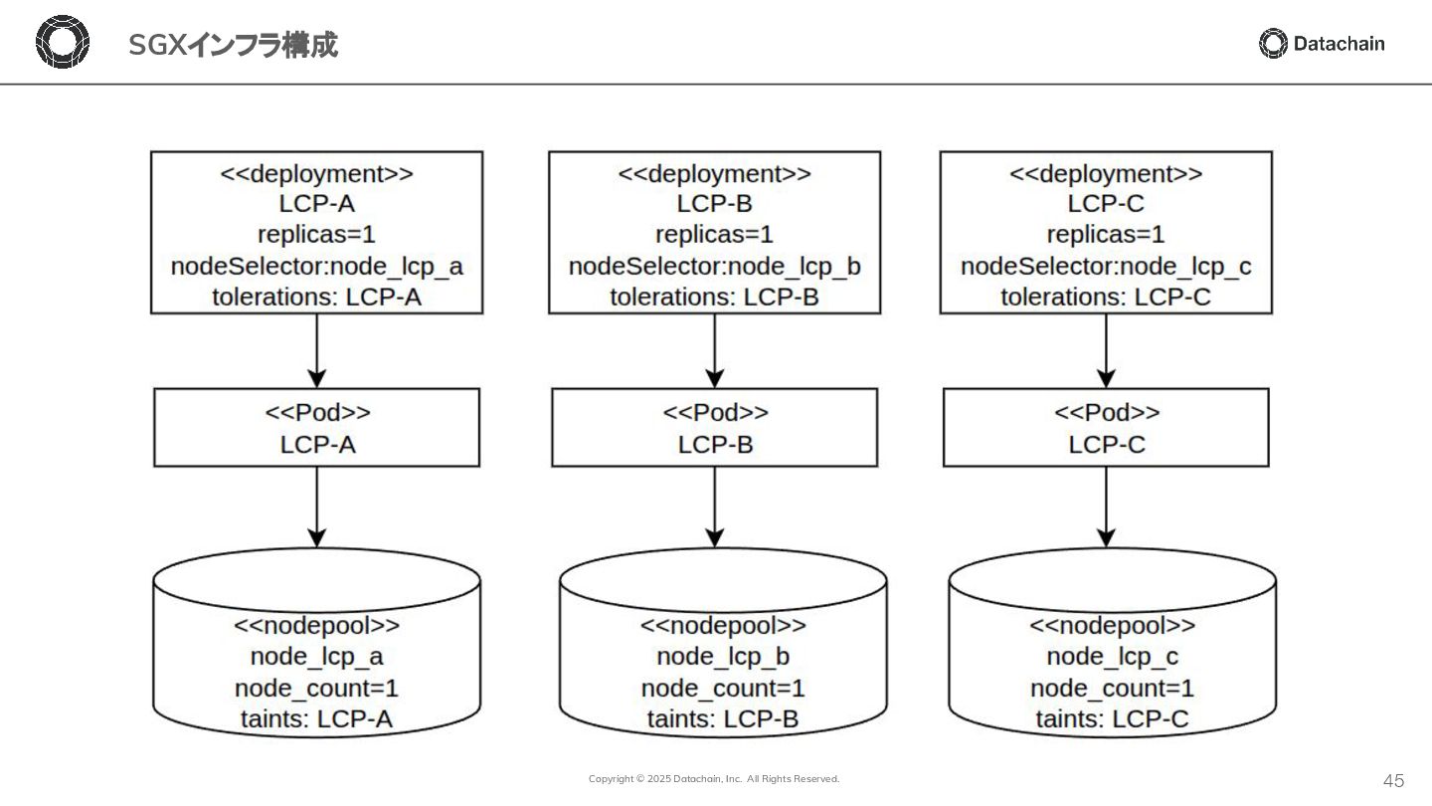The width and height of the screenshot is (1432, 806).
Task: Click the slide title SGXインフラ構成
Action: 234,45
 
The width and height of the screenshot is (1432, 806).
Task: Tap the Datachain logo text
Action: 1340,44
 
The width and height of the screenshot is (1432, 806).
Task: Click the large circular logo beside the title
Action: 63,42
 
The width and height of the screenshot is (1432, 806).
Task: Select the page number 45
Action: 1393,780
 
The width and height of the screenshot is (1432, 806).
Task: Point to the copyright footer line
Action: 714,778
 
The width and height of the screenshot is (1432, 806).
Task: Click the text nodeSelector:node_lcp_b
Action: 715,266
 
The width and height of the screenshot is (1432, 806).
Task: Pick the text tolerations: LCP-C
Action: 1106,297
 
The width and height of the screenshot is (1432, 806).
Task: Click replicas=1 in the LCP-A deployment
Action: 317,234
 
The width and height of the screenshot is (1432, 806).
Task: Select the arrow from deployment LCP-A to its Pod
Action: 317,351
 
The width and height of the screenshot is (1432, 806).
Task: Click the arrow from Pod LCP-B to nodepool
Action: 715,507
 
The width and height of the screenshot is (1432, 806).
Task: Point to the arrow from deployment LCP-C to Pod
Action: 1106,351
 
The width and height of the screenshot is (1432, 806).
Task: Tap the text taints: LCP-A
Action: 317,719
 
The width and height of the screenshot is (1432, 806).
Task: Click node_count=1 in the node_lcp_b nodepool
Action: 723,689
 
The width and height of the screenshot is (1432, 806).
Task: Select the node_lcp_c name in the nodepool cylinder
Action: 1113,657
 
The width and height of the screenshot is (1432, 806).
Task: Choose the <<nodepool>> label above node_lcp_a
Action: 317,625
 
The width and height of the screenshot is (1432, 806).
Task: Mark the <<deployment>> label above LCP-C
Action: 1106,173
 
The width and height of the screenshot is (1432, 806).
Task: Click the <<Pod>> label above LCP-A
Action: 318,412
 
